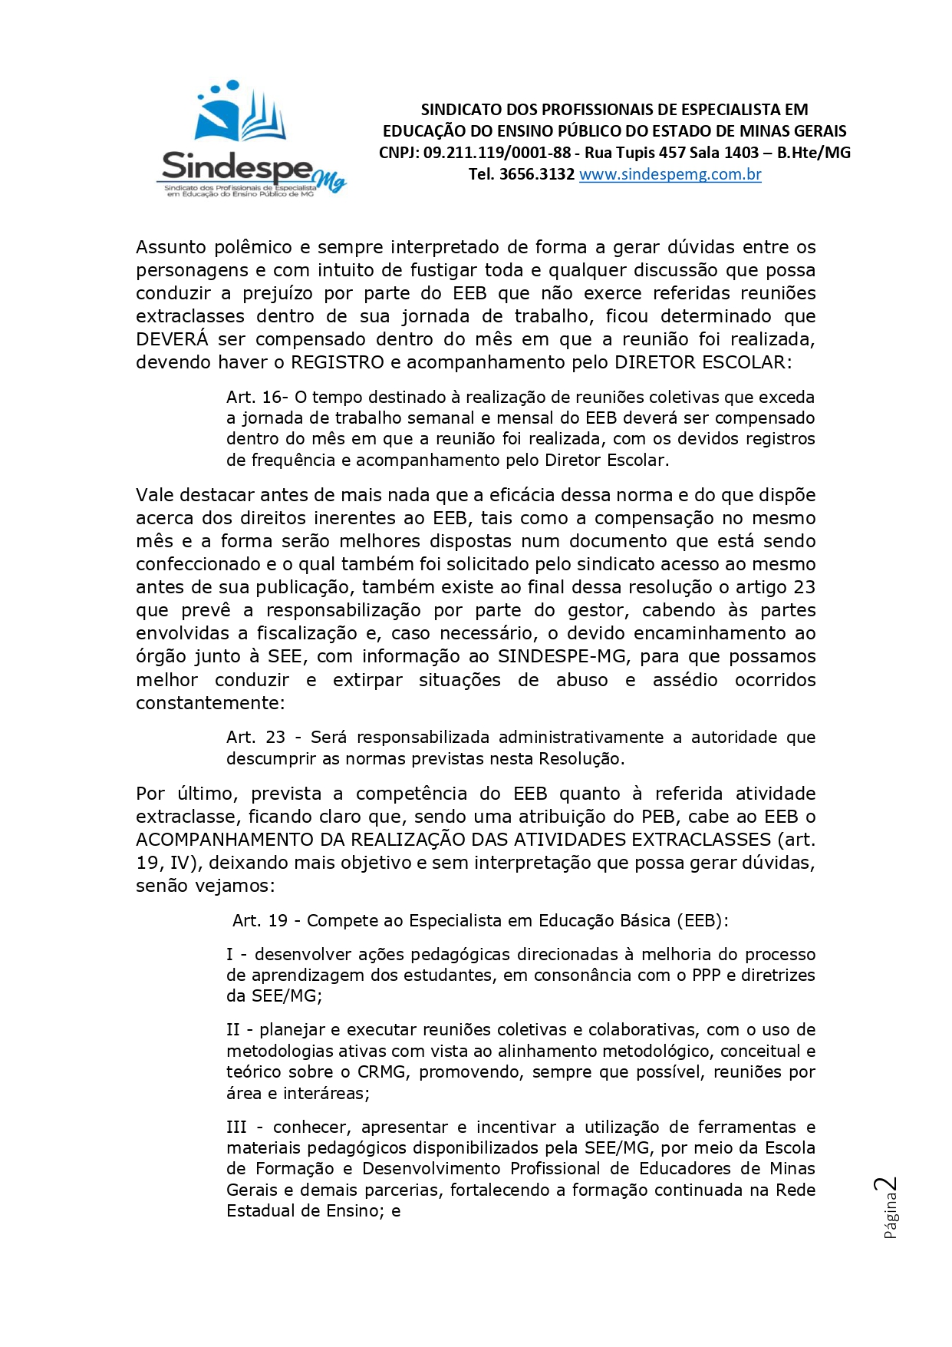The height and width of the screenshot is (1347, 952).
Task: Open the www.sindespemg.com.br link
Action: click(x=670, y=174)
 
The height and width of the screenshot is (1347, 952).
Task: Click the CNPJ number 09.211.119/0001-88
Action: click(x=496, y=153)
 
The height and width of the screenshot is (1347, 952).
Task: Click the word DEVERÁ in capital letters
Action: click(x=171, y=339)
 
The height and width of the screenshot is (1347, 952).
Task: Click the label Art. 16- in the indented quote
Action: click(x=256, y=398)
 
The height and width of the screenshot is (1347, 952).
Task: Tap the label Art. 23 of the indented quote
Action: click(x=255, y=738)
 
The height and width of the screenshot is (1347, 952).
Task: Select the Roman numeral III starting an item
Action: click(x=236, y=1127)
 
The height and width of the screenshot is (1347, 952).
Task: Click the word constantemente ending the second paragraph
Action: click(x=207, y=703)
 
